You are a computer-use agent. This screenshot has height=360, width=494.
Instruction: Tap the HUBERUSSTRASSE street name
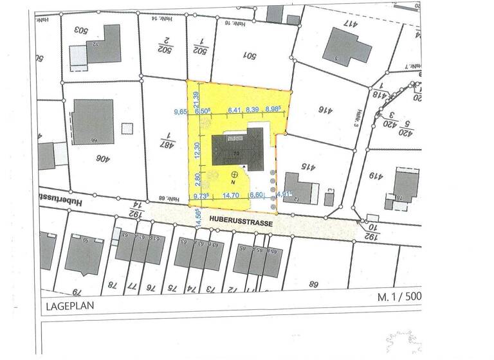[241, 221]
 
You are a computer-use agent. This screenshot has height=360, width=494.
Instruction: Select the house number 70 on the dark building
[236, 154]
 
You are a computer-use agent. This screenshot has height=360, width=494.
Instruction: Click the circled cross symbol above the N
[235, 174]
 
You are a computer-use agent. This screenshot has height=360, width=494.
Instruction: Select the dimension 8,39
[252, 110]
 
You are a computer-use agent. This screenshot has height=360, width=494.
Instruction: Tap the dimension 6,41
[234, 110]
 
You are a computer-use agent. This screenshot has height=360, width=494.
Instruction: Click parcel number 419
[374, 175]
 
